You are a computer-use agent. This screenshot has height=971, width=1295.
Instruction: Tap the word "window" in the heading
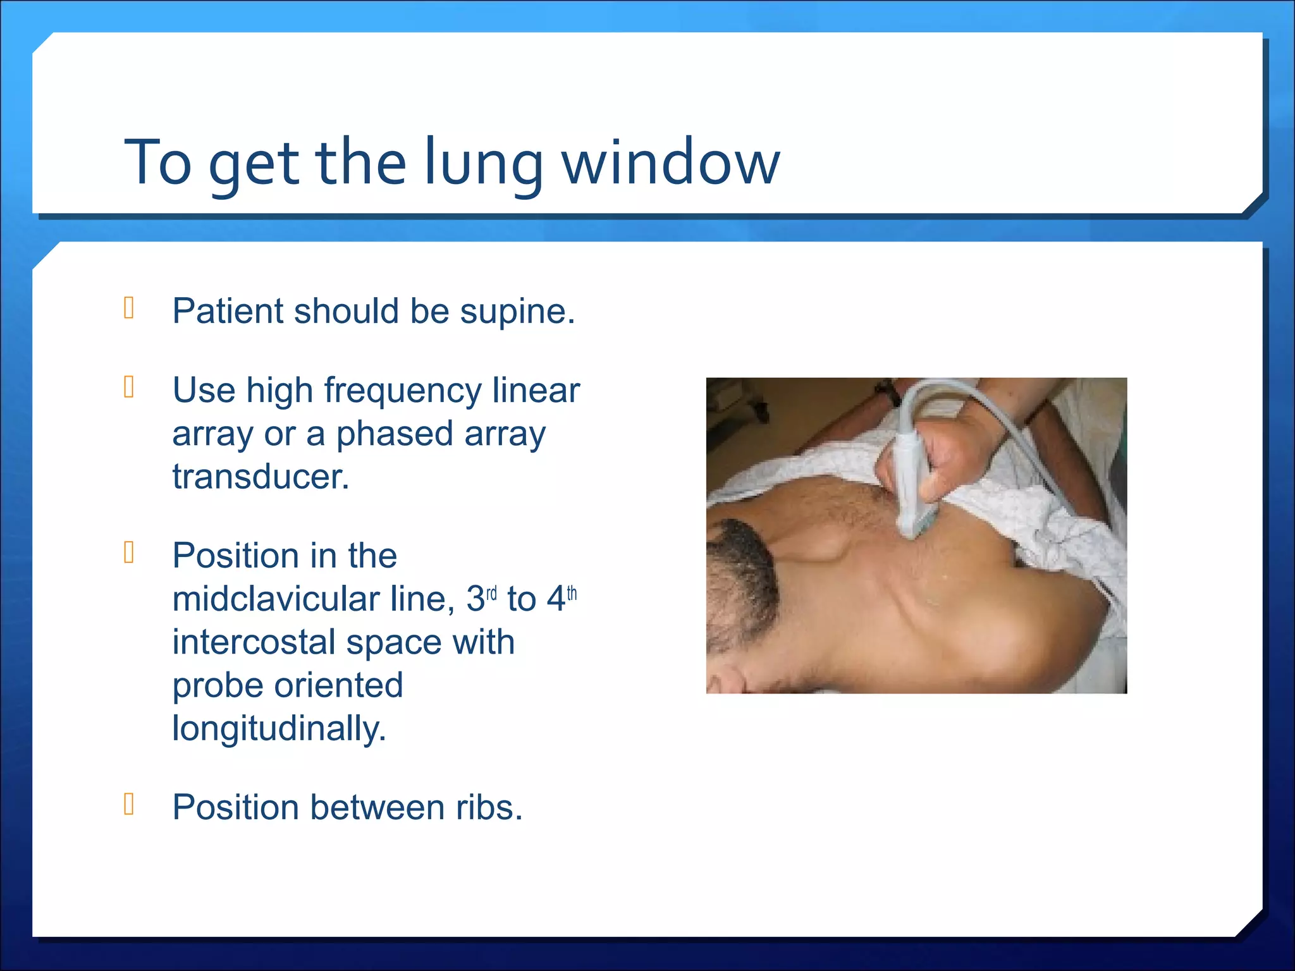[671, 163]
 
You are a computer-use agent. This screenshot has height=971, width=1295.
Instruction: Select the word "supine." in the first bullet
[518, 311]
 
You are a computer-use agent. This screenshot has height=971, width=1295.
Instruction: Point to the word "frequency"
[403, 390]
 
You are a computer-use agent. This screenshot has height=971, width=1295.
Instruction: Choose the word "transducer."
[261, 477]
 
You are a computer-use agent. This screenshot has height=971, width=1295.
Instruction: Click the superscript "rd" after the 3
[491, 594]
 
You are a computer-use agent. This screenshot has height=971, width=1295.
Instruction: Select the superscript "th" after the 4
[572, 594]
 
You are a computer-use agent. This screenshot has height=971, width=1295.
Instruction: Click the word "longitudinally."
[279, 728]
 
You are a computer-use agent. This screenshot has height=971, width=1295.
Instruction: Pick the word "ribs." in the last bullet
[489, 807]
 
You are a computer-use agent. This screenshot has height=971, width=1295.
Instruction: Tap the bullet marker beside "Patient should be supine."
[129, 308]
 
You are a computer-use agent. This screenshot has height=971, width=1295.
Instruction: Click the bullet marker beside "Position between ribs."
[129, 803]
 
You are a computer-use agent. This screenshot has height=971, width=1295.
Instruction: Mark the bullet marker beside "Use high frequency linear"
[129, 387]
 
